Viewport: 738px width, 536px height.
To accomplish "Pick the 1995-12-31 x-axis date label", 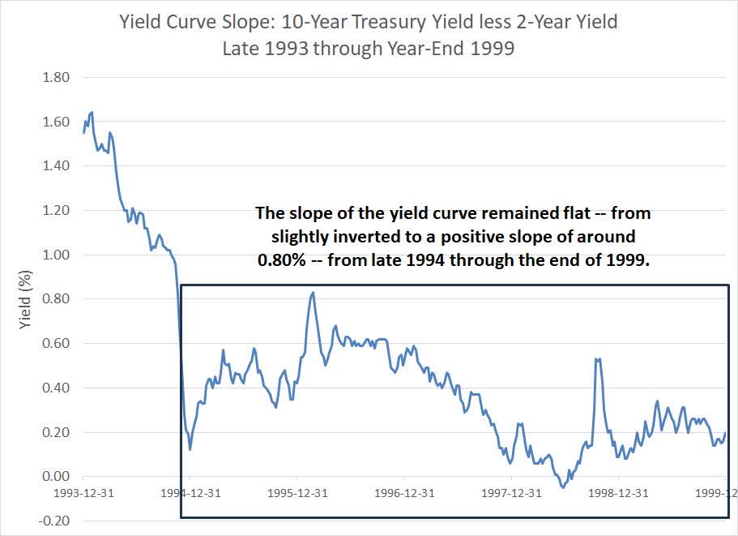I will [297, 492].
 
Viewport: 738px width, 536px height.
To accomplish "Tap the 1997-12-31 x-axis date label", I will [511, 492].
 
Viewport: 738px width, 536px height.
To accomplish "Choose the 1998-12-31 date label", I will [617, 492].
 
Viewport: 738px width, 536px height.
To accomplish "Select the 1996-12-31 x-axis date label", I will [404, 492].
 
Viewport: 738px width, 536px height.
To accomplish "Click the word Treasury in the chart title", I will [390, 22].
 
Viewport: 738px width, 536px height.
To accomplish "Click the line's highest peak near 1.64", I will [92, 113].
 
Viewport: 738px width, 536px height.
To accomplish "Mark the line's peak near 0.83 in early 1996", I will [313, 293].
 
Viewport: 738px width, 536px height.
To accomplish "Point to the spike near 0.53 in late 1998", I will [596, 358].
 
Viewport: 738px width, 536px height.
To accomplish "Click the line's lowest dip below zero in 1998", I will [562, 487].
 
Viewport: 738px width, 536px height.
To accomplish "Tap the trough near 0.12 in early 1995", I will [190, 449].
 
